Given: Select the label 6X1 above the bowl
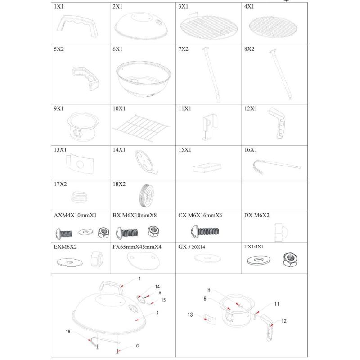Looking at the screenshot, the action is [x=117, y=49].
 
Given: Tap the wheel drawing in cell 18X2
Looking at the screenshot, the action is [x=147, y=195].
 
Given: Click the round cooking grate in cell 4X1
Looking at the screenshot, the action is [x=273, y=27].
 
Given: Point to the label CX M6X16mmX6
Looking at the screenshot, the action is [x=200, y=216].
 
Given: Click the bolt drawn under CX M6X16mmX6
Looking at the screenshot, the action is [x=205, y=231].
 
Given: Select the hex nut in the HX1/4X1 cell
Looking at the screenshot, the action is [x=290, y=260].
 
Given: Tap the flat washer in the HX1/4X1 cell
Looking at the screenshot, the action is [x=259, y=260].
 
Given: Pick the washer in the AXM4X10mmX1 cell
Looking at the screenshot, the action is [x=85, y=232].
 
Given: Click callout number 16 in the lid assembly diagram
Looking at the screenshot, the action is [x=68, y=332].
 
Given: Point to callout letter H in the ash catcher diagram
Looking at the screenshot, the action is [x=209, y=290].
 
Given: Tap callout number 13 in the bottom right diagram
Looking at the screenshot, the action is [x=190, y=315].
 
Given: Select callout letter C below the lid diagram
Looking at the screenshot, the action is [x=137, y=346].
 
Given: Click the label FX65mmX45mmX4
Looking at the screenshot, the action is [x=137, y=247].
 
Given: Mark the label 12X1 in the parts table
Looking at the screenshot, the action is [x=251, y=108].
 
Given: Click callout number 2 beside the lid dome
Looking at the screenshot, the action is [x=157, y=313].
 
